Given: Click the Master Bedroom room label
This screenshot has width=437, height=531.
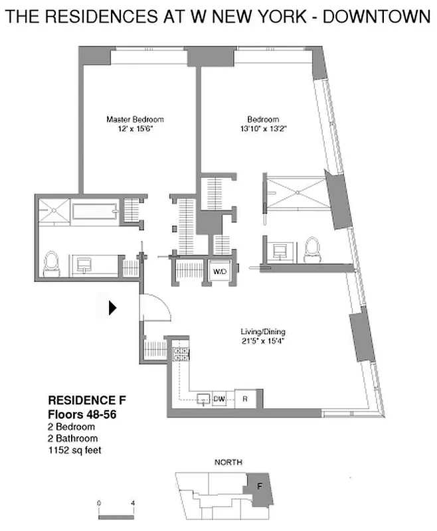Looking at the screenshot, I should pyautogui.click(x=135, y=119).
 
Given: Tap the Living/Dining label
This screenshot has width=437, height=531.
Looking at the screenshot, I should pyautogui.click(x=267, y=332).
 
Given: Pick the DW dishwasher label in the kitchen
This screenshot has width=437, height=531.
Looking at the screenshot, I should pyautogui.click(x=219, y=399).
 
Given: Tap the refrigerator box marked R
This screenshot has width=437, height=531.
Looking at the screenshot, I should pyautogui.click(x=244, y=399).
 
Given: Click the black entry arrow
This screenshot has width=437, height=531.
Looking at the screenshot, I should pyautogui.click(x=113, y=307).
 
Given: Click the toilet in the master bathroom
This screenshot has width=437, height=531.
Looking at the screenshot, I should pyautogui.click(x=51, y=264).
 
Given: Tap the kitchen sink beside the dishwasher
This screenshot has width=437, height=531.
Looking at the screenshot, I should pyautogui.click(x=202, y=399).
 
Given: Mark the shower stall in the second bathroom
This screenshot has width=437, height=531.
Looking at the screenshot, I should pyautogui.click(x=296, y=192).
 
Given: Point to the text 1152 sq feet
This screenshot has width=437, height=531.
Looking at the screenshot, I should pyautogui.click(x=74, y=449).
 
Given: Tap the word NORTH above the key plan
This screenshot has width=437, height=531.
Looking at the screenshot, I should pyautogui.click(x=228, y=462).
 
